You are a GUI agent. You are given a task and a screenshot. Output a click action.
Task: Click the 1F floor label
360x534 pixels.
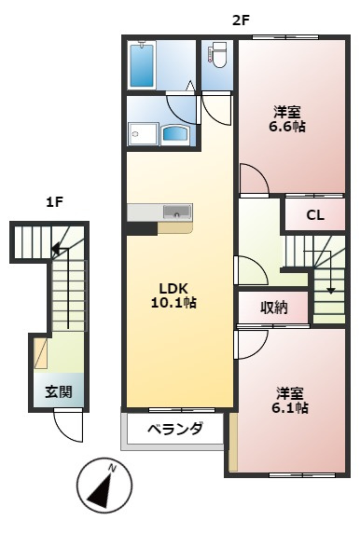pyautogui.click(x=55, y=201)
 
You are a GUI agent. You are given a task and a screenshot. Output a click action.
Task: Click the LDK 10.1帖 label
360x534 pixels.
pyautogui.click(x=174, y=294)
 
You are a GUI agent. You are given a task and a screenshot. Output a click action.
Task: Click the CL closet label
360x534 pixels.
pyautogui.click(x=315, y=216)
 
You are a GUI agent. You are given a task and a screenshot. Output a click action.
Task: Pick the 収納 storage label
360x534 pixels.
pyautogui.click(x=273, y=307)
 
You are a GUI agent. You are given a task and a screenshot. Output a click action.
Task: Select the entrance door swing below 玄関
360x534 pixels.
pyautogui.click(x=68, y=426)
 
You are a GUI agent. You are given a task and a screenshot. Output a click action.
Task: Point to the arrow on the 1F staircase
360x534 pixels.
pyautogui.click(x=58, y=249)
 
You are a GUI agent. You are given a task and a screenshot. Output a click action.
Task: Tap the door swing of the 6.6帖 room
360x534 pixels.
pyautogui.click(x=252, y=180)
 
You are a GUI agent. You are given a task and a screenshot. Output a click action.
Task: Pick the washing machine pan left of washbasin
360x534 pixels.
pyautogui.click(x=142, y=134)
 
